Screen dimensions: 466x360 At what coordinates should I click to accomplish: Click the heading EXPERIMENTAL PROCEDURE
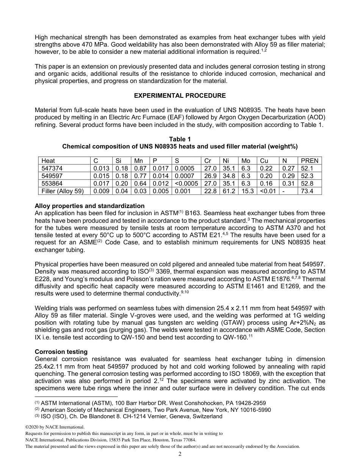pos(180,95)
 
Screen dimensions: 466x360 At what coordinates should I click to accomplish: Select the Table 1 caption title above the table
pos(180,139)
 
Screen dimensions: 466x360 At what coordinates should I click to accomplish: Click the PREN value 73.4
pos(306,191)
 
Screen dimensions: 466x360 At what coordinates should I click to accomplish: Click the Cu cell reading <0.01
pos(267,191)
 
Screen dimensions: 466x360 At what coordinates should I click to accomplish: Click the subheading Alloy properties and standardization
pos(89,206)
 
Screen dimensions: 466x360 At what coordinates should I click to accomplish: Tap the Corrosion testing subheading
pos(61,352)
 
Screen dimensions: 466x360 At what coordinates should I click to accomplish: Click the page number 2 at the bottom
pos(180,455)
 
